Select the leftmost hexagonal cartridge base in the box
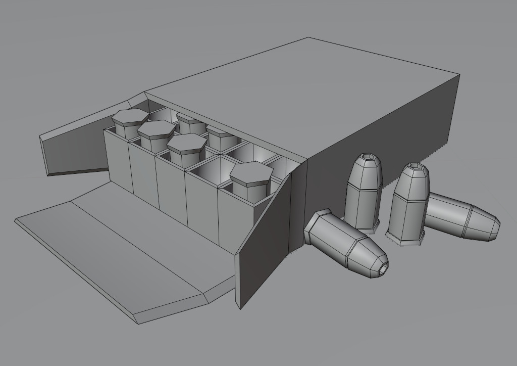(x=130, y=117)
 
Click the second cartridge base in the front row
(x=156, y=129)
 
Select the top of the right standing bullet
(x=416, y=168)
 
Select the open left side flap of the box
(x=76, y=147)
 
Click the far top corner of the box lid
(x=308, y=38)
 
